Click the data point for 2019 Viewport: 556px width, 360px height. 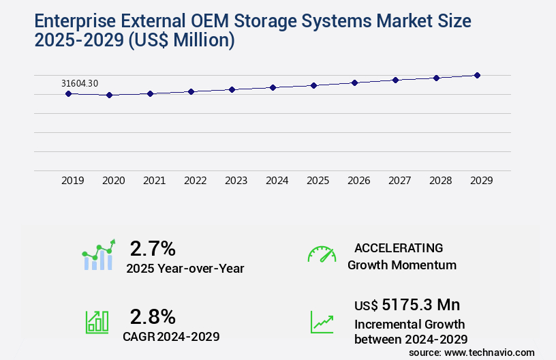pyautogui.click(x=68, y=93)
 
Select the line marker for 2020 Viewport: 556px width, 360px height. pyautogui.click(x=109, y=95)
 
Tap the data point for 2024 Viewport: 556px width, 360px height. pyautogui.click(x=273, y=87)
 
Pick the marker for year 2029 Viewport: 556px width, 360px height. pyautogui.click(x=477, y=75)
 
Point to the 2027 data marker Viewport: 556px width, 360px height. pyautogui.click(x=395, y=80)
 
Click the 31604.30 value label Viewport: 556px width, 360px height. pyautogui.click(x=80, y=83)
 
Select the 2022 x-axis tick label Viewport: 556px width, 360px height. pyautogui.click(x=196, y=181)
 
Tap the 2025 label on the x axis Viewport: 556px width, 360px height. pyautogui.click(x=318, y=181)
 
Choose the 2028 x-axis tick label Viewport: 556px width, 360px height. pyautogui.click(x=441, y=181)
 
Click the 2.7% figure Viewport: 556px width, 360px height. pyautogui.click(x=153, y=248)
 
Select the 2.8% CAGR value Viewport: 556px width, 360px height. pyautogui.click(x=153, y=316)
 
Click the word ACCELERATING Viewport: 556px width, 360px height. pyautogui.click(x=399, y=247)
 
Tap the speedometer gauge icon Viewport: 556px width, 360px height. pyautogui.click(x=322, y=254)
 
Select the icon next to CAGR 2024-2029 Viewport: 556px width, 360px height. pyautogui.click(x=97, y=322)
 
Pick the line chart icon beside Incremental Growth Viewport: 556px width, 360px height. pyautogui.click(x=322, y=322)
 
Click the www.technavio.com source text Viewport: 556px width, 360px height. pyautogui.click(x=490, y=352)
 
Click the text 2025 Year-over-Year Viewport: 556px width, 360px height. pyautogui.click(x=185, y=269)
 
